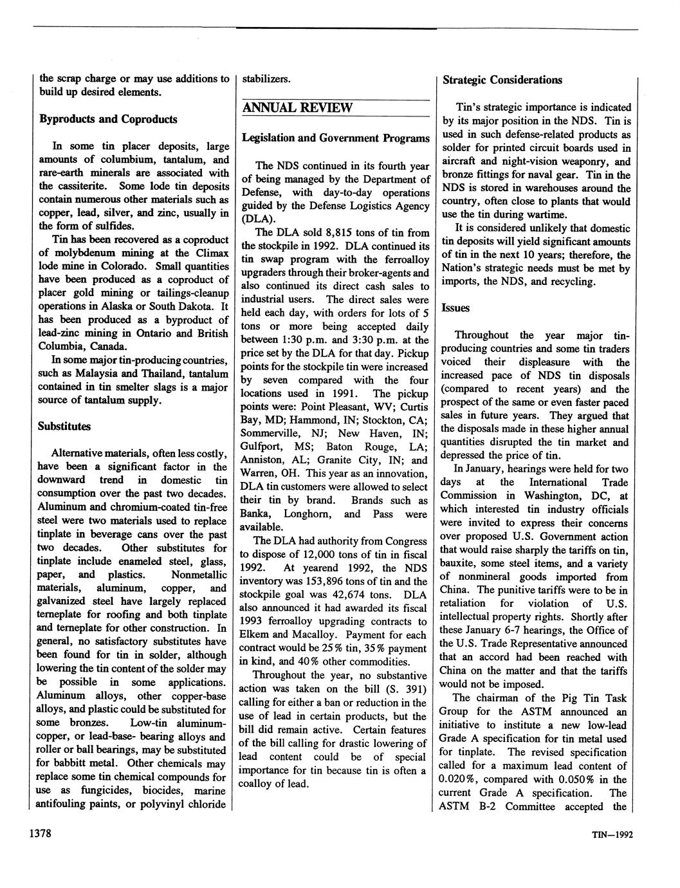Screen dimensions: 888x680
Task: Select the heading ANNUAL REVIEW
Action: coord(297,107)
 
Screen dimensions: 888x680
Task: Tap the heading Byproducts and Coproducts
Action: coord(107,119)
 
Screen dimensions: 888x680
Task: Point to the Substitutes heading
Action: coord(64,426)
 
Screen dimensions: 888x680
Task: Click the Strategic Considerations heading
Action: coord(502,80)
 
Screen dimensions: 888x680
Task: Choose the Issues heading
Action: coord(455,308)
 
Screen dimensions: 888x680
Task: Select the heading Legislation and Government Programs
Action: coord(335,138)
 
